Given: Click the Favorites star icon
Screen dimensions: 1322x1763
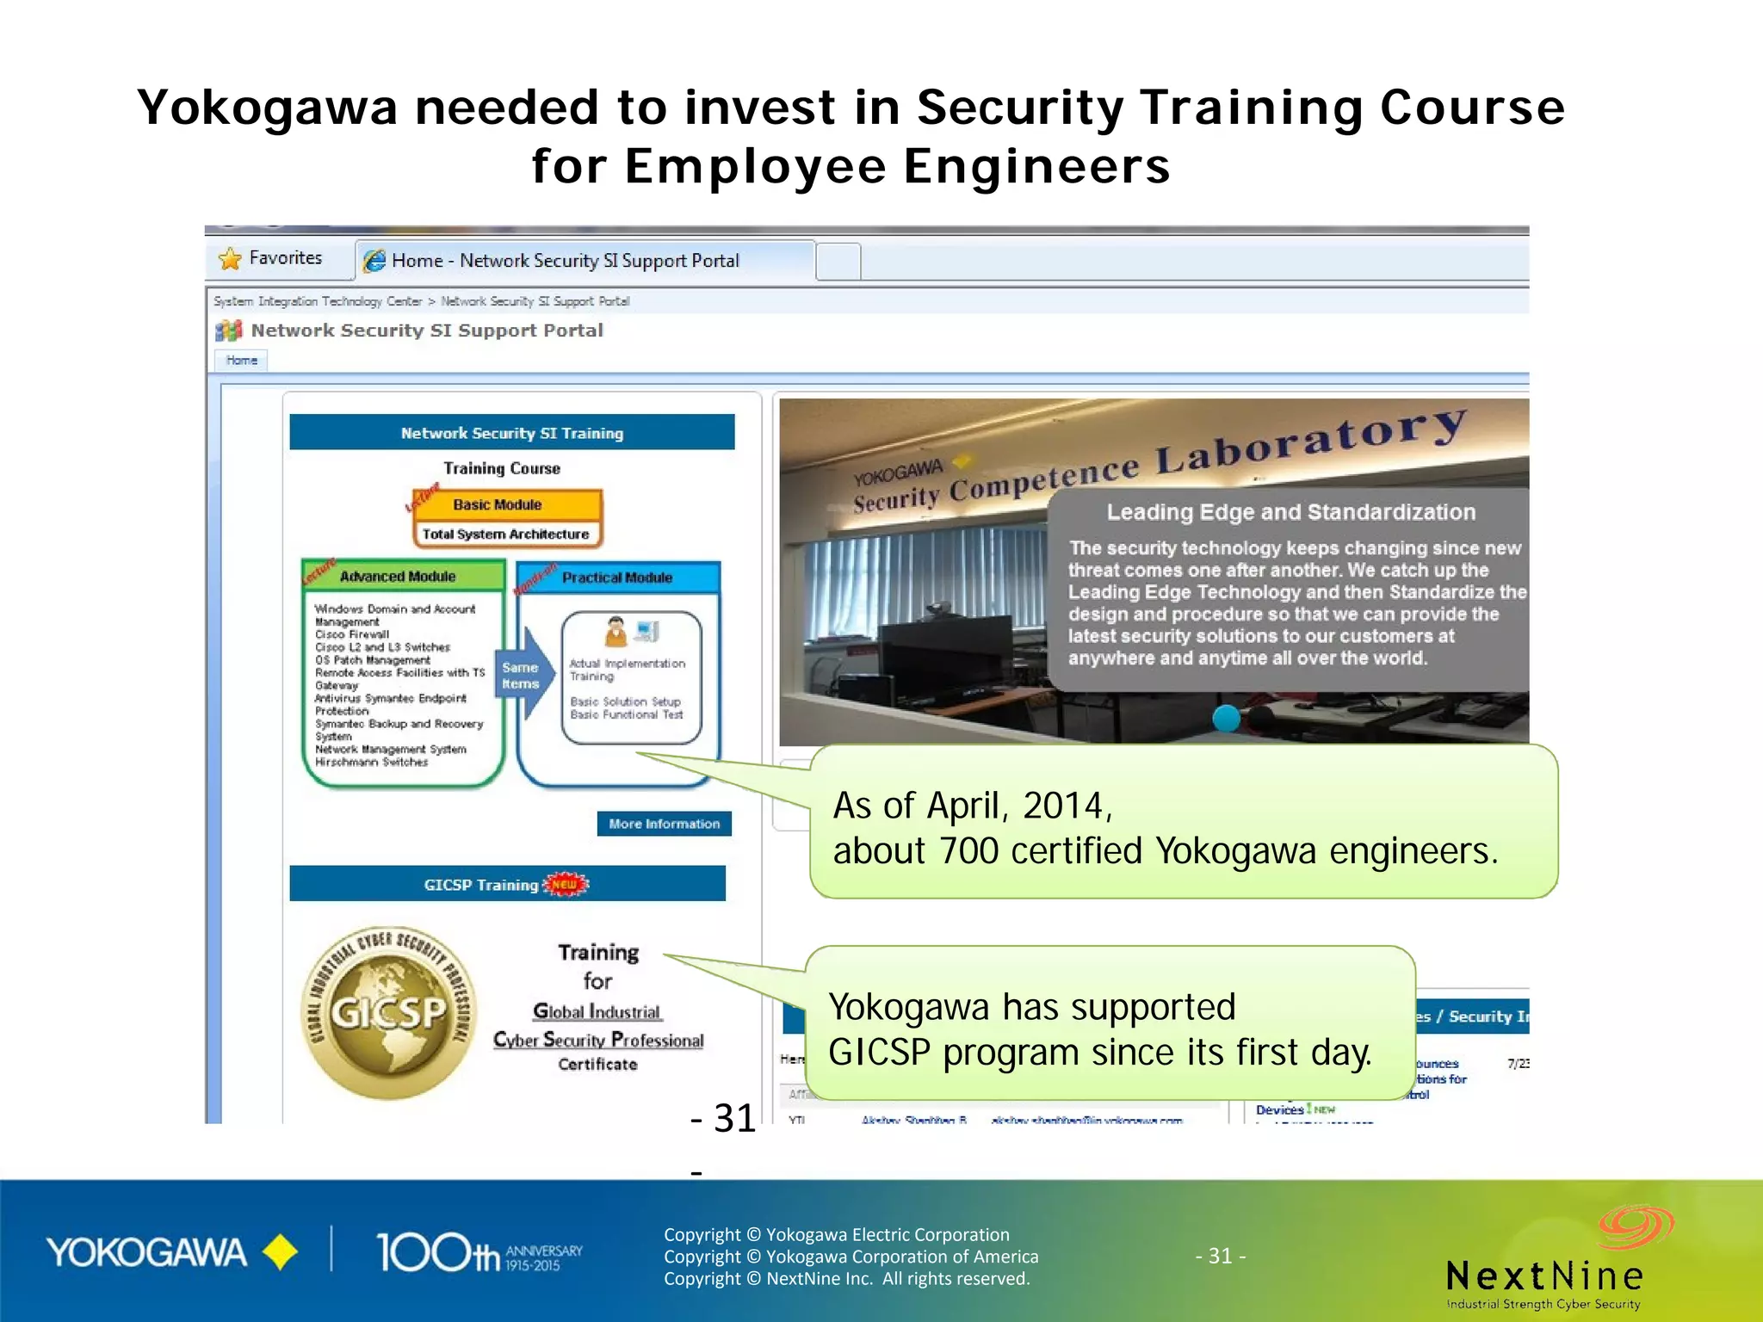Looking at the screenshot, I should (x=230, y=258).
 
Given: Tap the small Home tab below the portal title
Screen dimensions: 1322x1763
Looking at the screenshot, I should (x=242, y=361).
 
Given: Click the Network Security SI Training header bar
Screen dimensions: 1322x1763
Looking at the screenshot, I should (x=512, y=433).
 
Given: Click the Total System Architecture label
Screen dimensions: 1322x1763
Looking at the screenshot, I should (x=506, y=534).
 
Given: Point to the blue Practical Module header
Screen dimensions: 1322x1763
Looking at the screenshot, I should (x=617, y=578).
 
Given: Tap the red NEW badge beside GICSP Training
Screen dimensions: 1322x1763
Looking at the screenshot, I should (x=565, y=884).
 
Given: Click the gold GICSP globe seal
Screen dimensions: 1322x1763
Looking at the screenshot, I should (x=389, y=1013).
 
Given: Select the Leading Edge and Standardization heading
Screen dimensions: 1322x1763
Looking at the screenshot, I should (x=1290, y=512).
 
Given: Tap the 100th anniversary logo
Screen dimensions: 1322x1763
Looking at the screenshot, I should (x=479, y=1252).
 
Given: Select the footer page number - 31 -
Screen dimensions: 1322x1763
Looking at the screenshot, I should (x=1221, y=1256).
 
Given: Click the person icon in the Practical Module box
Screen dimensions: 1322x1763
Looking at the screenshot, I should (x=616, y=631).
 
